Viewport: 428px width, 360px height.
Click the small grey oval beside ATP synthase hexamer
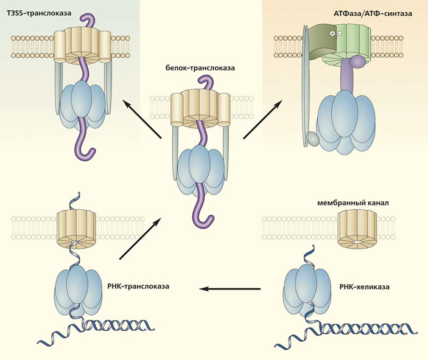point(313,138)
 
